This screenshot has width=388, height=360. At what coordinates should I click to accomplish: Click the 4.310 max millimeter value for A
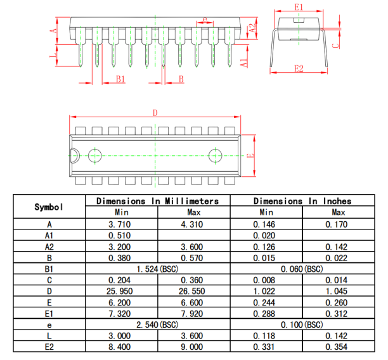(x=191, y=224)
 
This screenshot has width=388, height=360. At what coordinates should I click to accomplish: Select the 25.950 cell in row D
(x=120, y=291)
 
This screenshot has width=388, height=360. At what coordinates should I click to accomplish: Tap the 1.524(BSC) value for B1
(x=157, y=269)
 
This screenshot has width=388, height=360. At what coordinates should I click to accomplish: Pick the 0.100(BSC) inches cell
(x=302, y=325)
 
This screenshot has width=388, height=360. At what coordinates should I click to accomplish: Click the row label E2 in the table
(x=49, y=347)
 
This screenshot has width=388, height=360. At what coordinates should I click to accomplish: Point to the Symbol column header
(x=49, y=207)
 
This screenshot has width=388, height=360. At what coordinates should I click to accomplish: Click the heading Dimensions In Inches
(x=302, y=201)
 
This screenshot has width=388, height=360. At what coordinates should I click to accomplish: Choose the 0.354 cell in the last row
(x=336, y=347)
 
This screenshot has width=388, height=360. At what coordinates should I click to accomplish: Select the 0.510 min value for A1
(x=120, y=235)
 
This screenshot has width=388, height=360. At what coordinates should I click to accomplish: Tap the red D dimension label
(x=155, y=113)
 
